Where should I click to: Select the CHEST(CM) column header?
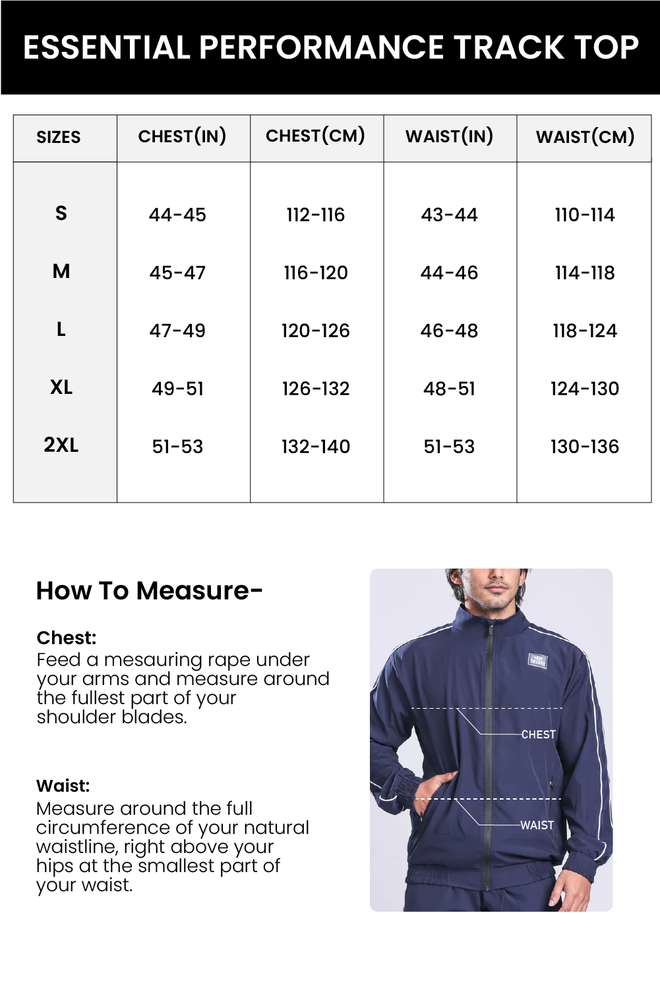tap(315, 136)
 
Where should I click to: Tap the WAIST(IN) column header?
tap(449, 136)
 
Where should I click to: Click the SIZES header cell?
tap(59, 138)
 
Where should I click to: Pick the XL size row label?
tap(61, 387)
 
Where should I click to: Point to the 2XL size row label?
tap(61, 445)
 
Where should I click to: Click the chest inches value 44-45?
tap(177, 215)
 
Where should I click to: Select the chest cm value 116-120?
tap(316, 273)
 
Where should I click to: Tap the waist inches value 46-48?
tap(449, 331)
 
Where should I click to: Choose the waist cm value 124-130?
tap(585, 389)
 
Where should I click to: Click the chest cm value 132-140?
tap(316, 447)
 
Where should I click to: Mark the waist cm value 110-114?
tap(585, 215)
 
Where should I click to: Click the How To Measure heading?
tap(150, 591)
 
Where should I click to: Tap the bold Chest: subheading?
tap(67, 638)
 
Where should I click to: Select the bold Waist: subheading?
tap(63, 786)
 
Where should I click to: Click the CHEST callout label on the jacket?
tap(538, 734)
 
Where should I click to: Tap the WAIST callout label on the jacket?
tap(537, 825)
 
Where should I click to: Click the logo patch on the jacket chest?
tap(537, 660)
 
